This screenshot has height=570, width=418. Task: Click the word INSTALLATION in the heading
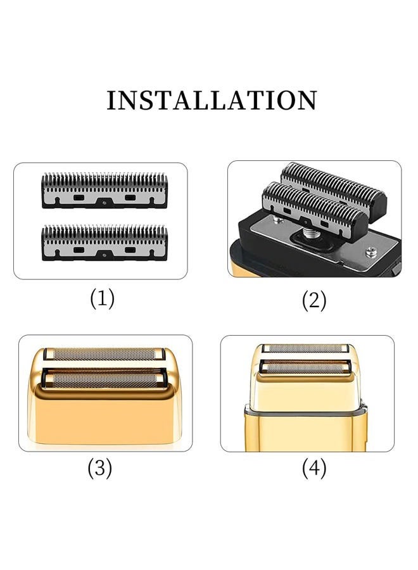click(212, 100)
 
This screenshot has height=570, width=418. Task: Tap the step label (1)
click(102, 299)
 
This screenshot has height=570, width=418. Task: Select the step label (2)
click(314, 301)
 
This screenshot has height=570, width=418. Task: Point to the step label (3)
click(100, 468)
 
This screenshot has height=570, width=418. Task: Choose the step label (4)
click(314, 468)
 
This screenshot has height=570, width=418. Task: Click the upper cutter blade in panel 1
click(104, 190)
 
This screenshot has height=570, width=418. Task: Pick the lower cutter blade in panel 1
click(104, 243)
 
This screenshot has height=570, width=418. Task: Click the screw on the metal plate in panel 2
click(370, 251)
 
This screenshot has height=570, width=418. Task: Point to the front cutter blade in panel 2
click(315, 212)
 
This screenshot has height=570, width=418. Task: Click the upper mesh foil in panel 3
click(104, 354)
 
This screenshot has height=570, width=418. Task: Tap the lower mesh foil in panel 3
click(104, 379)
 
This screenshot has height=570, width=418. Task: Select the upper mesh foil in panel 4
click(305, 348)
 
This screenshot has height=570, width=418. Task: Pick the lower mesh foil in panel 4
click(306, 367)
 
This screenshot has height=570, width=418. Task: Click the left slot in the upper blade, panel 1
click(79, 198)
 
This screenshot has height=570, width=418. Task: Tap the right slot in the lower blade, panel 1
click(130, 250)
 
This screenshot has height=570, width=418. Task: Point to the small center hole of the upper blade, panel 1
click(104, 203)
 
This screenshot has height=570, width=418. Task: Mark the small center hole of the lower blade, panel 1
click(104, 255)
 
